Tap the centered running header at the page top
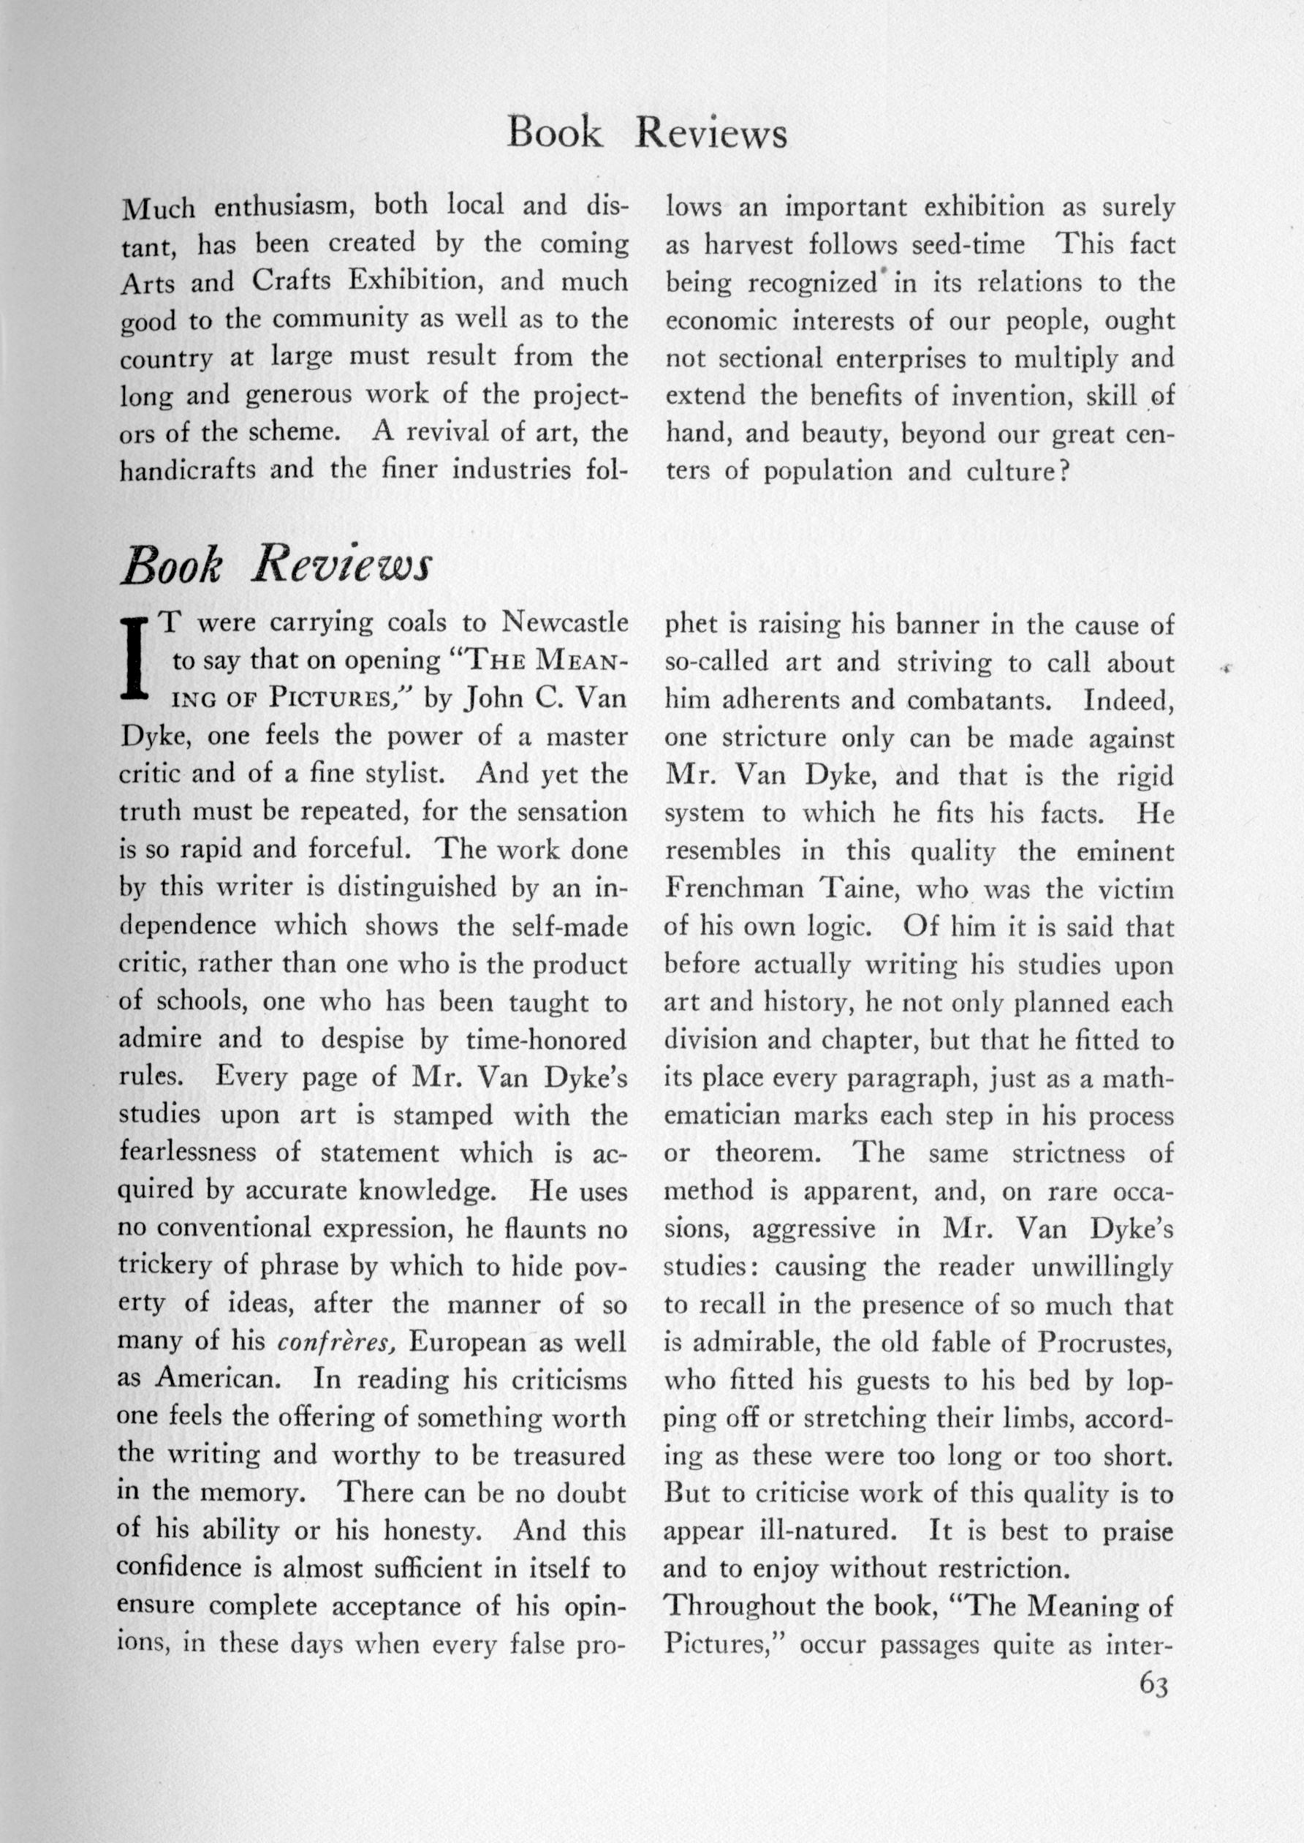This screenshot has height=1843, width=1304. click(647, 134)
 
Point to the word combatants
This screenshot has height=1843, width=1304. click(939, 698)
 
